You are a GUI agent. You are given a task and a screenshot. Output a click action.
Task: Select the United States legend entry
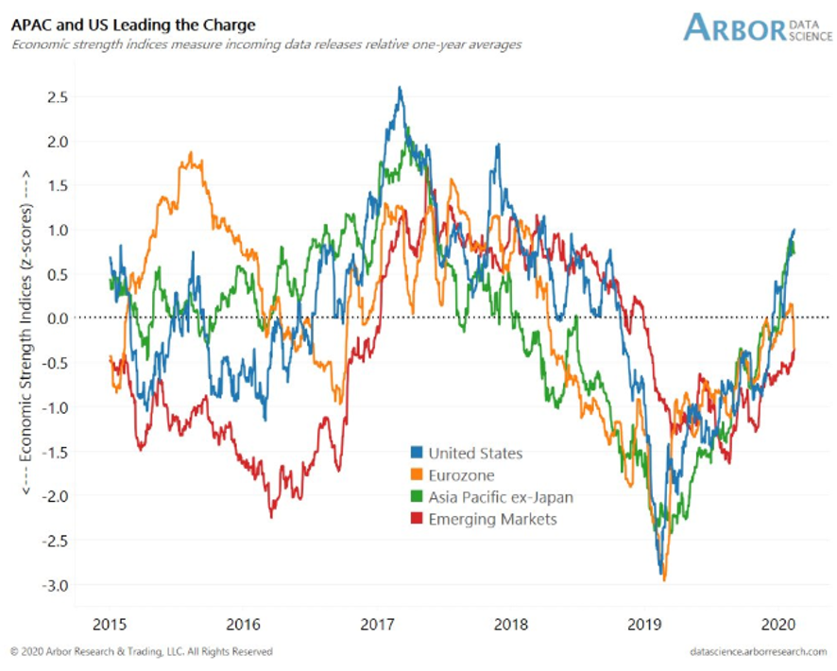tap(474, 454)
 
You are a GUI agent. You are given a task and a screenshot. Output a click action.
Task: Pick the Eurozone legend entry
tap(461, 475)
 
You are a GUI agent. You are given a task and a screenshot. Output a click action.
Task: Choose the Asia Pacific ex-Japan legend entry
tap(500, 497)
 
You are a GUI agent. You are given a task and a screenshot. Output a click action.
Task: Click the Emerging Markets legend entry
tap(492, 519)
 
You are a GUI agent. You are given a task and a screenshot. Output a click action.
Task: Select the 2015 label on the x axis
tap(110, 624)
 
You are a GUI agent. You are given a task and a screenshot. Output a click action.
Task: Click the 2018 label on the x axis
tap(512, 624)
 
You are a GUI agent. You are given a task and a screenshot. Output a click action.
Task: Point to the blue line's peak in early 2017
tap(401, 88)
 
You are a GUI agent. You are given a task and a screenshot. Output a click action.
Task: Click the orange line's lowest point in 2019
tap(664, 579)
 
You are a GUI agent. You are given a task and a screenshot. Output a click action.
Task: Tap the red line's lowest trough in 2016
tap(271, 516)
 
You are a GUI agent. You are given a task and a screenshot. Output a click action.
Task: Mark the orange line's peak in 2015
tap(191, 152)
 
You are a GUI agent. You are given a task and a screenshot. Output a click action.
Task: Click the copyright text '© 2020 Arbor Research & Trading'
tap(142, 652)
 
